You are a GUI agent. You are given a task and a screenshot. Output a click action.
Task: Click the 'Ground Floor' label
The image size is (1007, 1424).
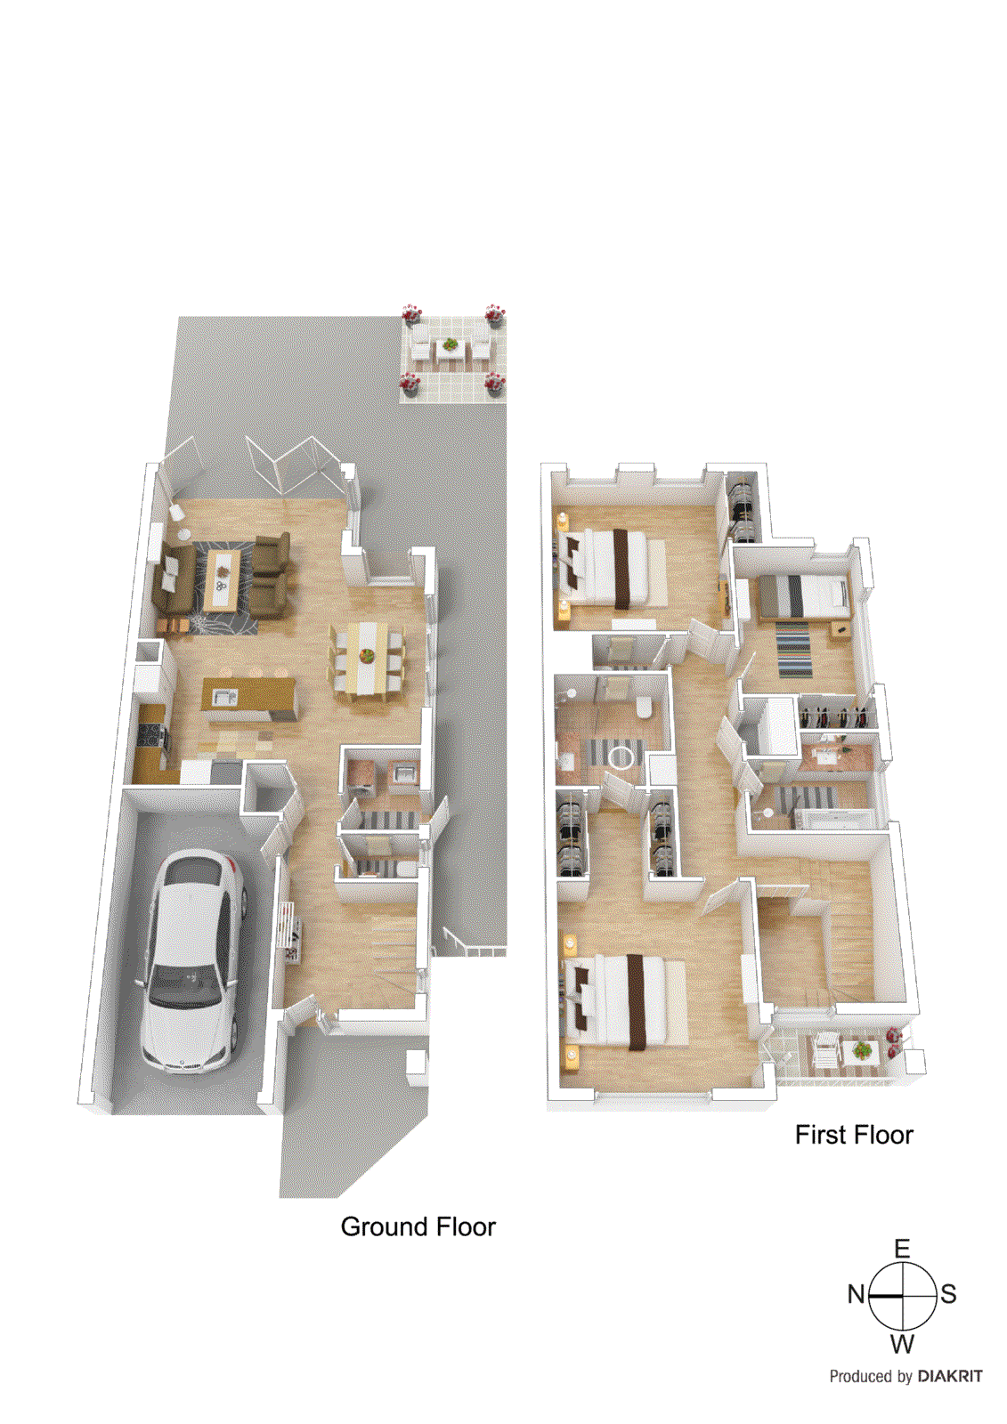418,1226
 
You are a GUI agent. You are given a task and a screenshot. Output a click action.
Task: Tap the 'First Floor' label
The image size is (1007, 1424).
854,1135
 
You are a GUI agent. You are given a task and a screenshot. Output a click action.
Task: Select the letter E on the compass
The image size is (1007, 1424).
902,1249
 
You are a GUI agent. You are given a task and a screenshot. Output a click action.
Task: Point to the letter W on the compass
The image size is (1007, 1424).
902,1343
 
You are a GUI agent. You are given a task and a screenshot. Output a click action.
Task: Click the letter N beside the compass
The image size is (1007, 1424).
856,1294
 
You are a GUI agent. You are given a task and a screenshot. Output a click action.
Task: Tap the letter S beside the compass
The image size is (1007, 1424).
948,1294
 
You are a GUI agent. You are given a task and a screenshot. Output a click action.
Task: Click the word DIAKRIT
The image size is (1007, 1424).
950,1376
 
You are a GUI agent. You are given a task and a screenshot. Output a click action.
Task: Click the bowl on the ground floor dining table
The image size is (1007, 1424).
367,656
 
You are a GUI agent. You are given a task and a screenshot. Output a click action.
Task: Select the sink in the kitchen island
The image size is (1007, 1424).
223,697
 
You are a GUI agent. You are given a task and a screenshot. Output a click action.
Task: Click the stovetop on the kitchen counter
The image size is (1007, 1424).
149,737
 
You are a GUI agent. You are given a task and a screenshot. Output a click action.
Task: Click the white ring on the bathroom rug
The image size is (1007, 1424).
621,756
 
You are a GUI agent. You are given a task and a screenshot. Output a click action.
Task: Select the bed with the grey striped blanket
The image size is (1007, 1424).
801,596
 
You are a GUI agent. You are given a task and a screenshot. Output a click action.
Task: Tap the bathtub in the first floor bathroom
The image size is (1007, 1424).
832,818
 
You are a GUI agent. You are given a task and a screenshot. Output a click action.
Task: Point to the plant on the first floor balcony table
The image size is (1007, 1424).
861,1051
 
